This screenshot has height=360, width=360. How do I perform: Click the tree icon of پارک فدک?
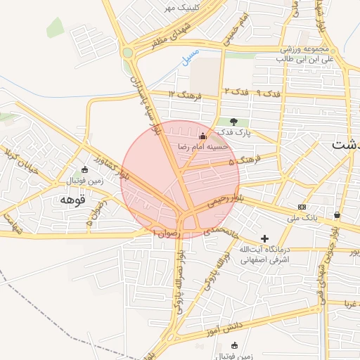coord(224,122)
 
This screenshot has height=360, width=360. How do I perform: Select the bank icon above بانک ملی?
coord(302,207)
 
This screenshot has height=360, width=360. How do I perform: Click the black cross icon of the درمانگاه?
coord(264,238)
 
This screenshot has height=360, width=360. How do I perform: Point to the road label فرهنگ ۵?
coord(249,160)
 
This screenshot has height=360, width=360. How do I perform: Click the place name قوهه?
coord(72,200)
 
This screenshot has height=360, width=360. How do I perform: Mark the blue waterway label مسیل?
coord(191,57)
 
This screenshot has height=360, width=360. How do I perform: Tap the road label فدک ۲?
coord(236,92)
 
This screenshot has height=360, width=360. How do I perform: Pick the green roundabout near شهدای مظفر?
coord(127,52)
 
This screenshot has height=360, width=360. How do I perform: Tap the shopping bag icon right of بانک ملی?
coord(337,214)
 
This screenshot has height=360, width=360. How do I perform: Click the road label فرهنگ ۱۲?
coord(186,94)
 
